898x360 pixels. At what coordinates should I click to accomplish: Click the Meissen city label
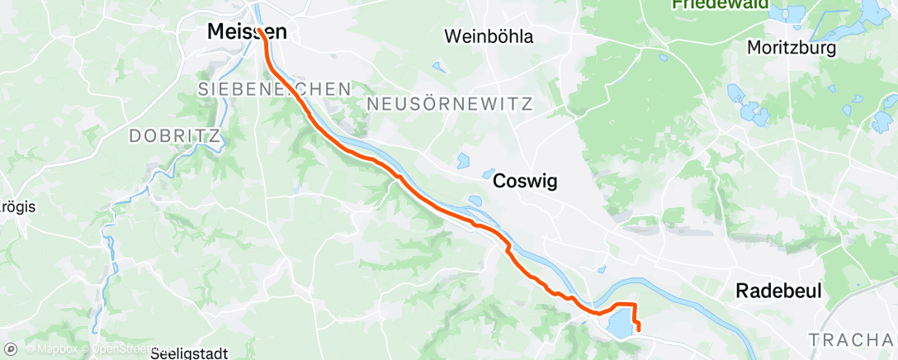[246, 33]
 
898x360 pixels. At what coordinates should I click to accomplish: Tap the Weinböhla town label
[489, 36]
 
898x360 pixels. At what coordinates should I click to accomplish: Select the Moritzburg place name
[791, 48]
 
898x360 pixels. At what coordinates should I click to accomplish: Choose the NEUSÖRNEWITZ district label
[450, 104]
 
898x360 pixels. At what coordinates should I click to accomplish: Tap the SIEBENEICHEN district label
[274, 88]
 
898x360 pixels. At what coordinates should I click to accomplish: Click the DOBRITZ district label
[174, 134]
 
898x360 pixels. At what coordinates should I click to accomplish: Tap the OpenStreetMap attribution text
[124, 349]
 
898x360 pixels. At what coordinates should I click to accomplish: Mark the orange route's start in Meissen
[261, 32]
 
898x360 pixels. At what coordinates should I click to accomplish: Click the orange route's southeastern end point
[640, 332]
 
